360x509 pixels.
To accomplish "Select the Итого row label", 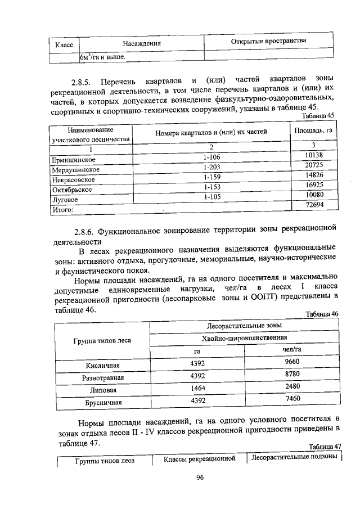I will pos(63,209).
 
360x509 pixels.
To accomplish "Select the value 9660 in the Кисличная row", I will pos(292,362).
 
